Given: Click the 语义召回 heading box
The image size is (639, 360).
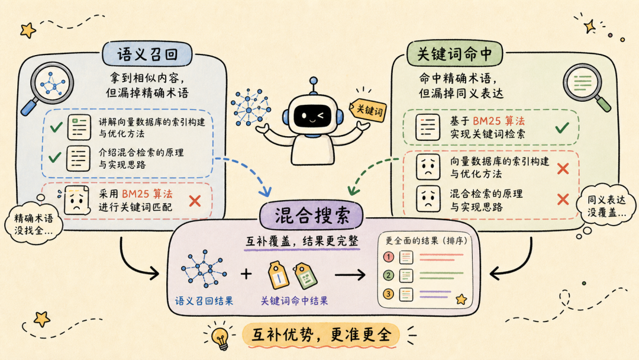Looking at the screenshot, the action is (147, 54).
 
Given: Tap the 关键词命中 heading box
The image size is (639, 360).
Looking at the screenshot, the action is (454, 54).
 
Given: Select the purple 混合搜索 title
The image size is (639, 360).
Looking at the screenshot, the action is (312, 216).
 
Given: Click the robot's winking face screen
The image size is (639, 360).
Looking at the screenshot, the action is (312, 116).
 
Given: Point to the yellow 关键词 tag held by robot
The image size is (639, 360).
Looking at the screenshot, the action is (367, 110).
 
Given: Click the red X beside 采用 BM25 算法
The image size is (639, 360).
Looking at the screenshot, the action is (195, 201).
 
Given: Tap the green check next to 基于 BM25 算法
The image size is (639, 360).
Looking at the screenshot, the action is (562, 128).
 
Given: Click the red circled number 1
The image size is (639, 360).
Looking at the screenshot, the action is (388, 257).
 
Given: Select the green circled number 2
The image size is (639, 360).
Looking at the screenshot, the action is (388, 275).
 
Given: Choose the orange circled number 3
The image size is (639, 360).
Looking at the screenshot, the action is (388, 294).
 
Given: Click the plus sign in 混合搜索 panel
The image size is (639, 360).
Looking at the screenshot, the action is (246, 274).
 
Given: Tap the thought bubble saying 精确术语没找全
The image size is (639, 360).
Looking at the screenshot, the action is (33, 224).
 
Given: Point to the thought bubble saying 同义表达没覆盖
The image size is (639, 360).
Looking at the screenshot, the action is (606, 206).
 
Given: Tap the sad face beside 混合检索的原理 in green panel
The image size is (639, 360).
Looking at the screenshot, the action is (428, 199).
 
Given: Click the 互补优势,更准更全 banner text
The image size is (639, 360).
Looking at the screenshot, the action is (321, 335).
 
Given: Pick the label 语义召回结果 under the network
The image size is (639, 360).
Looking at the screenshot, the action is (204, 301).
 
